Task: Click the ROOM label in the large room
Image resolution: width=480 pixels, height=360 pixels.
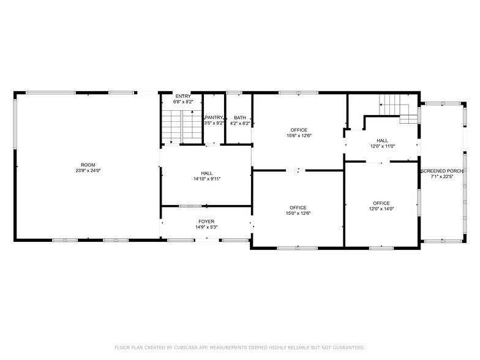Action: [x=88, y=165]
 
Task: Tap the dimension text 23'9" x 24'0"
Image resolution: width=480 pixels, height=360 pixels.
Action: [x=88, y=171]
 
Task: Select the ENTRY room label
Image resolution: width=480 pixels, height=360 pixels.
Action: [x=182, y=96]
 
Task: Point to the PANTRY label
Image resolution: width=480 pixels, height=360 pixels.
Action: [x=214, y=117]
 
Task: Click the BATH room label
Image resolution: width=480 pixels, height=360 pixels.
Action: [x=239, y=117]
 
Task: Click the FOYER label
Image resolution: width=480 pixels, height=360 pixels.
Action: [x=206, y=221]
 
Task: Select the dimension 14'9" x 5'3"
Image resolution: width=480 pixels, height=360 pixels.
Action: [x=206, y=227]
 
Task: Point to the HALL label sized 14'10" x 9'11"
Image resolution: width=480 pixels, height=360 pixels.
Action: [x=206, y=173]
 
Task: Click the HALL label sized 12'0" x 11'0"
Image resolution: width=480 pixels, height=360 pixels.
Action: [x=382, y=140]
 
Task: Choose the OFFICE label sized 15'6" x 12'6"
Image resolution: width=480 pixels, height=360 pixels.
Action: [x=299, y=130]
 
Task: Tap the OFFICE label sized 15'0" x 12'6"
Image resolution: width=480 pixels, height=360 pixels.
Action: [x=298, y=208]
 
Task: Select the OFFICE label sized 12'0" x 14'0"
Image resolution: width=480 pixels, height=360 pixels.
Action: [x=381, y=203]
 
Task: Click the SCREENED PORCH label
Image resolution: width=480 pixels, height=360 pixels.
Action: [x=441, y=171]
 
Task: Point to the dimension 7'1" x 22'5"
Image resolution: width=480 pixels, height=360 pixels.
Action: [x=441, y=177]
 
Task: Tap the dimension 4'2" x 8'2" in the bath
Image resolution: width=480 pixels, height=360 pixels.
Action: [x=239, y=123]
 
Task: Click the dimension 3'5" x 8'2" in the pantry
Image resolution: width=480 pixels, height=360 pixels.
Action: [x=213, y=123]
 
